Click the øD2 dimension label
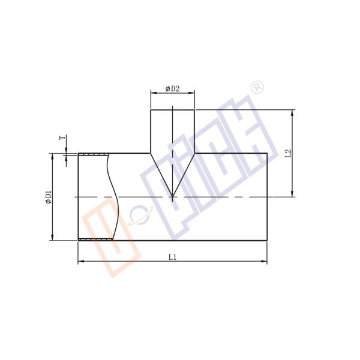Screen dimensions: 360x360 [172, 89]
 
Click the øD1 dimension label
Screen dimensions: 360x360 [49, 197]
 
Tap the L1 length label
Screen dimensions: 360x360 [172, 257]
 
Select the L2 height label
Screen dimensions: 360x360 [289, 153]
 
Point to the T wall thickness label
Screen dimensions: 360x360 [62, 139]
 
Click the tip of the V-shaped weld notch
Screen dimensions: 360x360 [172, 196]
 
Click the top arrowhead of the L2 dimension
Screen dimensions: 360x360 [292, 113]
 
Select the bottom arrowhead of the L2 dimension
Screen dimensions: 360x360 [292, 193]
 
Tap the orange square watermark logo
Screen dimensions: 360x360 [111, 240]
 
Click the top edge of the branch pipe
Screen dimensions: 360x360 [172, 110]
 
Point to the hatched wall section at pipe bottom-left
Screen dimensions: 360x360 [95, 240]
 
